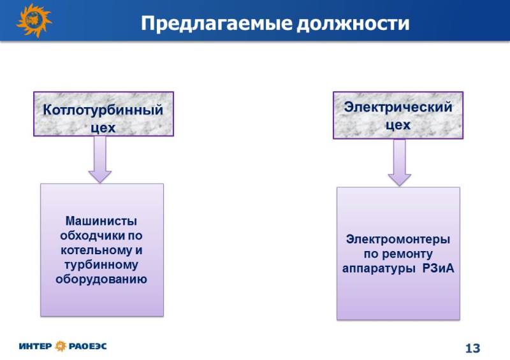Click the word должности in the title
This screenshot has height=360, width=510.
pyautogui.click(x=353, y=24)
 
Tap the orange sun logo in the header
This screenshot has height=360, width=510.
pyautogui.click(x=34, y=20)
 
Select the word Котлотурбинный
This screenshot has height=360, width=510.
pyautogui.click(x=103, y=110)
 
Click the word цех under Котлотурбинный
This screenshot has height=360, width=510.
pyautogui.click(x=103, y=128)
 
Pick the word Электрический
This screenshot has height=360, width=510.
pyautogui.click(x=398, y=107)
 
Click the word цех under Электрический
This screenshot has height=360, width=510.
pyautogui.click(x=398, y=125)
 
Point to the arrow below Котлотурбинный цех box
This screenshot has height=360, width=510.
pyautogui.click(x=100, y=159)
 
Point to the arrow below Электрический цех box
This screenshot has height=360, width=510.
pyautogui.click(x=400, y=162)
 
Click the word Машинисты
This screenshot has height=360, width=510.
pyautogui.click(x=101, y=221)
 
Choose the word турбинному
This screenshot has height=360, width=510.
pyautogui.click(x=101, y=264)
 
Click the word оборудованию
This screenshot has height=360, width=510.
pyautogui.click(x=101, y=279)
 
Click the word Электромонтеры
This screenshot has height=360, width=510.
pyautogui.click(x=398, y=240)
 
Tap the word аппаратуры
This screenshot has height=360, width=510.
pyautogui.click(x=379, y=269)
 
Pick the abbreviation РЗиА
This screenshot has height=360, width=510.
pyautogui.click(x=438, y=269)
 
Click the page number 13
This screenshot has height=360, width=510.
pyautogui.click(x=472, y=349)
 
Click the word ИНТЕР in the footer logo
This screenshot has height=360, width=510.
pyautogui.click(x=35, y=346)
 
